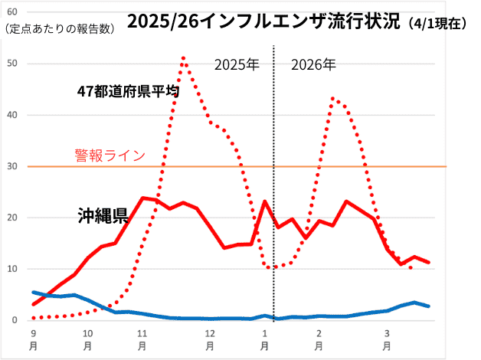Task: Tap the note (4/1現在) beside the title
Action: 435,23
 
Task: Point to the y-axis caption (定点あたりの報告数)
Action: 60,29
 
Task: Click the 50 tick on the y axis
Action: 11,64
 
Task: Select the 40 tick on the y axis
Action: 11,115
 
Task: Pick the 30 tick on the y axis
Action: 11,166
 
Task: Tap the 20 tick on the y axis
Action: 11,218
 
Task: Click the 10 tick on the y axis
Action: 11,269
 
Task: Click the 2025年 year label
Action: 237,64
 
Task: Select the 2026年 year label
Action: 313,64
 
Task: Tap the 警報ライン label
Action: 110,155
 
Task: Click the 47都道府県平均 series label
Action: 129,91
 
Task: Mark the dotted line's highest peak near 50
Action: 183,57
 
